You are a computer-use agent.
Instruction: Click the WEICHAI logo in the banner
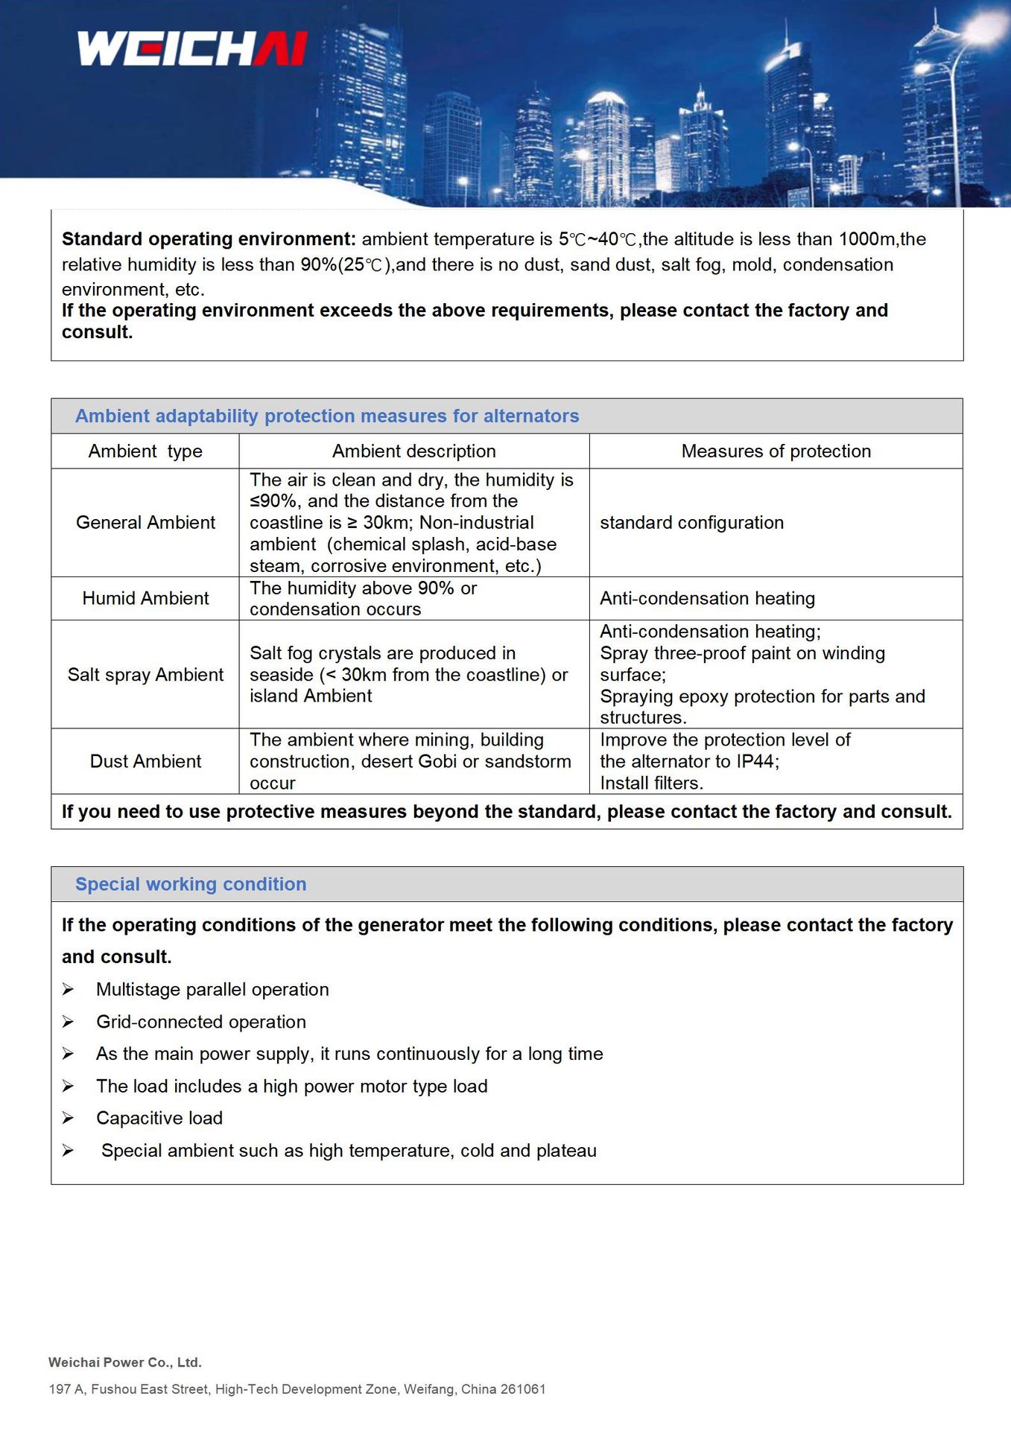click(192, 48)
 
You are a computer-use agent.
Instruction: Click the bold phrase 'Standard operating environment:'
click(209, 239)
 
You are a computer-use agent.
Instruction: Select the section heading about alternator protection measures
click(326, 416)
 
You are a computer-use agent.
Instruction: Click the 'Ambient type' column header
click(145, 451)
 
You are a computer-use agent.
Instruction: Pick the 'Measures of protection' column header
click(776, 451)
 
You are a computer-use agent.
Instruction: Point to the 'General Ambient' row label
click(145, 523)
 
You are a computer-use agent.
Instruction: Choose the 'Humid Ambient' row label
click(145, 599)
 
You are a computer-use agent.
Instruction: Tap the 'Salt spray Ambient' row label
click(145, 675)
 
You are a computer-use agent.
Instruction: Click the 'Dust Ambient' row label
click(145, 761)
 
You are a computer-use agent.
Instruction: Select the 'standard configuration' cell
click(691, 523)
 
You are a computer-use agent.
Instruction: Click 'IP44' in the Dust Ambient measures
click(755, 761)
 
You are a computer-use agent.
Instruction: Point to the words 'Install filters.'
click(651, 783)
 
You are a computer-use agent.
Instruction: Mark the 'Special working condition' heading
click(191, 884)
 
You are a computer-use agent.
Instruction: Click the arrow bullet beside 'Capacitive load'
click(68, 1118)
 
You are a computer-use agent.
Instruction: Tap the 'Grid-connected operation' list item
click(201, 1022)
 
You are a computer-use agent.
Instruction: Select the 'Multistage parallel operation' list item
click(212, 990)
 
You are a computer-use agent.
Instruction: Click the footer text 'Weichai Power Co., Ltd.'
click(125, 1362)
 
